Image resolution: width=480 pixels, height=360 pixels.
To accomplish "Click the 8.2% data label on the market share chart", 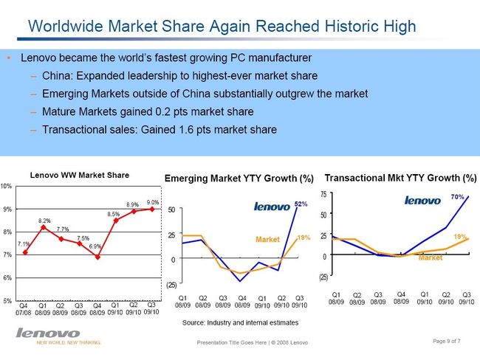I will [44, 221].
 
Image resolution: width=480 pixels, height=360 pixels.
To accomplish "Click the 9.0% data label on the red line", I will [154, 202].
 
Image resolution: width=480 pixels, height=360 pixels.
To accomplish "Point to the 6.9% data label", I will [95, 246].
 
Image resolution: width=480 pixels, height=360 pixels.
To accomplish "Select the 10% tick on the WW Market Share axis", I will [6, 186].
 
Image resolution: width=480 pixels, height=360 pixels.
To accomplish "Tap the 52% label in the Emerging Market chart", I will [301, 203].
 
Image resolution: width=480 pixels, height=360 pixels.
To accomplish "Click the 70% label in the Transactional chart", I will [457, 198].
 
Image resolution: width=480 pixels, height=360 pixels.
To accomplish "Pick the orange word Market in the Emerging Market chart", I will [267, 240].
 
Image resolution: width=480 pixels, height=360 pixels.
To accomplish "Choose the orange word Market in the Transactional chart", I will [430, 258].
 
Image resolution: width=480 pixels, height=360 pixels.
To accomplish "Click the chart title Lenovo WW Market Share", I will [79, 176].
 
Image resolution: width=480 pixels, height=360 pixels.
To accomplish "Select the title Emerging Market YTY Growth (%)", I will [239, 179].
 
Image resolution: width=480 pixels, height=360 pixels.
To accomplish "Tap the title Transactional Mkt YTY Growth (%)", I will [401, 179].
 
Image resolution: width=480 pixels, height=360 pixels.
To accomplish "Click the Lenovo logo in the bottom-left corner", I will [47, 333].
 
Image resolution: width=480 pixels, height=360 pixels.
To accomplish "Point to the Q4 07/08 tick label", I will [24, 308].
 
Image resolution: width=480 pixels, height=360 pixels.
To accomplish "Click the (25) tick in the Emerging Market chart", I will [172, 285].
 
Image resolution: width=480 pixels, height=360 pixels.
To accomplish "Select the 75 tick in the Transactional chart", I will [323, 194].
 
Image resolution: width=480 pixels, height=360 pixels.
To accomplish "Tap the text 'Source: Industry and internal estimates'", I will [239, 323].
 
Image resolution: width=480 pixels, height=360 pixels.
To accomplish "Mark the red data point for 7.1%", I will [26, 253].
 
